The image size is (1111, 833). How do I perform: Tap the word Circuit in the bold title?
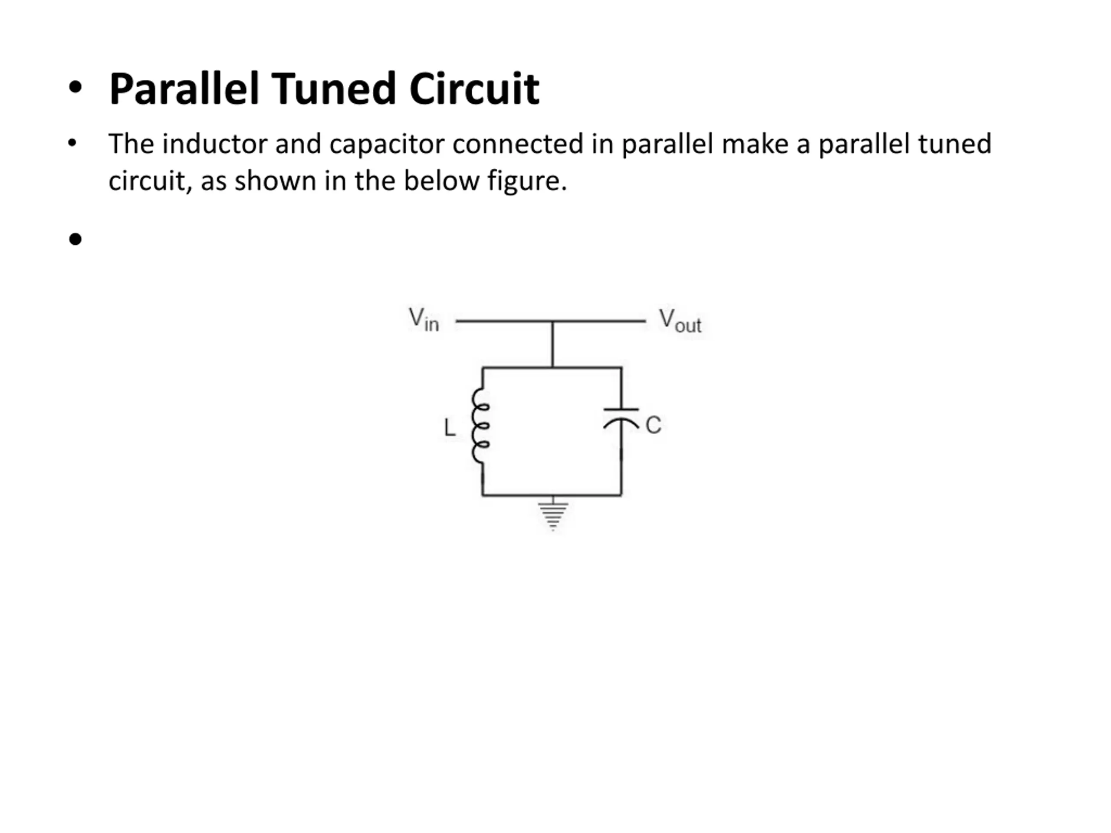pyautogui.click(x=474, y=89)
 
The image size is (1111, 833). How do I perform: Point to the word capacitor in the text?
pyautogui.click(x=387, y=144)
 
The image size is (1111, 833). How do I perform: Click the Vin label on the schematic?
pyautogui.click(x=424, y=320)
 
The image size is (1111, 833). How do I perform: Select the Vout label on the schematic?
pyautogui.click(x=680, y=321)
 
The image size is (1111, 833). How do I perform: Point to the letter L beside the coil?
pyautogui.click(x=450, y=428)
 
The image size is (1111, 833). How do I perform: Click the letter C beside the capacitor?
pyautogui.click(x=653, y=425)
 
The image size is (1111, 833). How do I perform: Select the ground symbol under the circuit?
pyautogui.click(x=553, y=515)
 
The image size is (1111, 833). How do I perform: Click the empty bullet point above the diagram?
pyautogui.click(x=76, y=239)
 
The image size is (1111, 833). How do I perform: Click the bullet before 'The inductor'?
pyautogui.click(x=72, y=143)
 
